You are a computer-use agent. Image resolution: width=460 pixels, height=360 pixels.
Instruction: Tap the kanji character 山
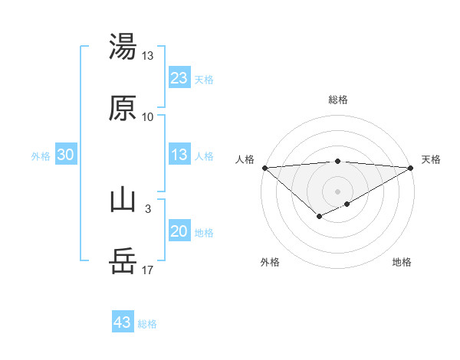coord(123,201)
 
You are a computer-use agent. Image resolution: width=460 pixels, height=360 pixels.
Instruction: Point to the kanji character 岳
coord(123,262)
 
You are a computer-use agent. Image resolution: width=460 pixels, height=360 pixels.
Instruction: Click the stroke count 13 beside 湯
coord(148,56)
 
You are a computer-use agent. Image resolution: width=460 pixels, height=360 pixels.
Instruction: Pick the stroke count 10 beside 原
coord(148,117)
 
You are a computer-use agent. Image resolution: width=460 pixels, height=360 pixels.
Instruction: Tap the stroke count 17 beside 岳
coord(148,270)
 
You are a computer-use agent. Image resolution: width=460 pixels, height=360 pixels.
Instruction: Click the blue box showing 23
coord(179,77)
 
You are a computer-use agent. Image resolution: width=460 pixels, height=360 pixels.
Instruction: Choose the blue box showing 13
coord(179,155)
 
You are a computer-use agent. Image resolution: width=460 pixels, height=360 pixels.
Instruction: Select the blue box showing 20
coord(179,231)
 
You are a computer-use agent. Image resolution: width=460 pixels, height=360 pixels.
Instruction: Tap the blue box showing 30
coord(66,155)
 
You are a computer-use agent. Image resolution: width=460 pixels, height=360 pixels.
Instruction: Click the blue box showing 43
coord(123,322)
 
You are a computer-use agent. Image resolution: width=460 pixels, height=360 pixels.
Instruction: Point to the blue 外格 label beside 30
coord(41,156)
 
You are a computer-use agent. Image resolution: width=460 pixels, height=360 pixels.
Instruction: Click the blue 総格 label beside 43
coord(147,324)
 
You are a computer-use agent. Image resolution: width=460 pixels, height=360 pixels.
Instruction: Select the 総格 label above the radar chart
coord(338,100)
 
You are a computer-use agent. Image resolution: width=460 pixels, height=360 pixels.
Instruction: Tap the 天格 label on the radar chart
coord(431,159)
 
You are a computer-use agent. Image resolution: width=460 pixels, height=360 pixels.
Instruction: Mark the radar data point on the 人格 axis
coord(264,168)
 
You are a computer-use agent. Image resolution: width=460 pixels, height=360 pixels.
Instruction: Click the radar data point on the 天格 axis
coord(412,168)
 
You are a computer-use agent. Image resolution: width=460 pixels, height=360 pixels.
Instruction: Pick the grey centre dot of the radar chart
coord(338,191)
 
